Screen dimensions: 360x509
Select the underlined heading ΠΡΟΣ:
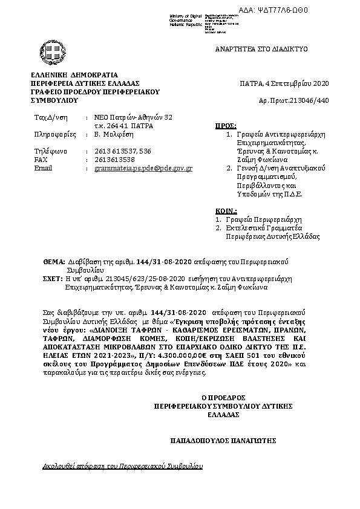coord(226,126)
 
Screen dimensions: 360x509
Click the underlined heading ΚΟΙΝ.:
coord(226,210)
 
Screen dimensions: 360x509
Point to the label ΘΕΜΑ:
coord(54,262)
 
